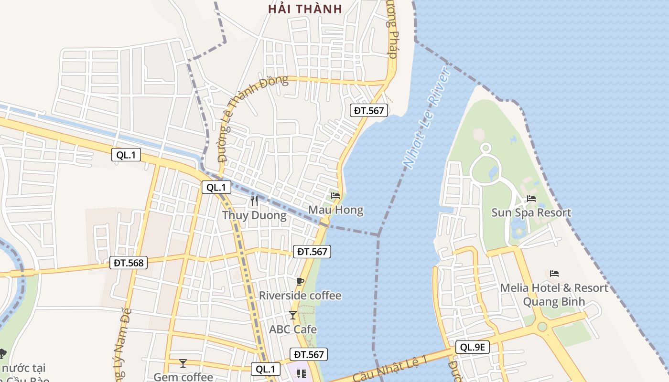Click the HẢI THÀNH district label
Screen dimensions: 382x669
point(305,9)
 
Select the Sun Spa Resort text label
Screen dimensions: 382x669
point(531,212)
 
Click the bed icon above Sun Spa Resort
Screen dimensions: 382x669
point(531,199)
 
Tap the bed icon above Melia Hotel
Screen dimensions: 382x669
point(554,274)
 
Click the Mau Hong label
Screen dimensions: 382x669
point(335,210)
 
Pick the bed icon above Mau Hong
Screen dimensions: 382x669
point(335,195)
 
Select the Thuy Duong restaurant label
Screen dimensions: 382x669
point(254,215)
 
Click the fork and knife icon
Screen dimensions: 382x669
point(254,201)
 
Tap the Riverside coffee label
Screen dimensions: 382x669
point(300,296)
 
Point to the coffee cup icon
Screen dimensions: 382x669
point(300,281)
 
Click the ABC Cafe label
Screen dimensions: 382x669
point(293,329)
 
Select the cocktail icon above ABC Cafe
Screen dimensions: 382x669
point(293,315)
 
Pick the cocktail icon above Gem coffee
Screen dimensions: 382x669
point(183,363)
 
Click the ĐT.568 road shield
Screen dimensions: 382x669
point(129,262)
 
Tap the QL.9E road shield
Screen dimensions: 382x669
point(473,347)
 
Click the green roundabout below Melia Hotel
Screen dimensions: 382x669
point(542,327)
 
